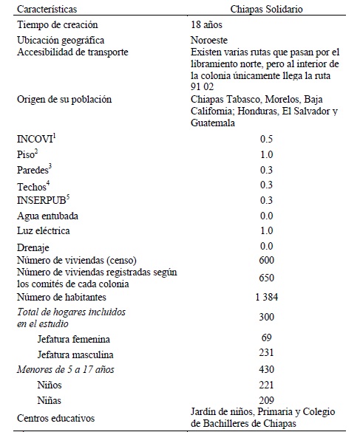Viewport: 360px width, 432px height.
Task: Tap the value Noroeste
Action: pyautogui.click(x=209, y=39)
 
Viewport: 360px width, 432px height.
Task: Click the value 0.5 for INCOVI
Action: pyautogui.click(x=266, y=139)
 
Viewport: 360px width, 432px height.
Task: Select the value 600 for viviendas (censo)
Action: pyautogui.click(x=266, y=260)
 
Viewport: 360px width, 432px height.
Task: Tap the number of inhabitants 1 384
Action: pyautogui.click(x=266, y=297)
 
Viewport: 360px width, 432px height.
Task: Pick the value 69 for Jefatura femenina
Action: pyautogui.click(x=266, y=338)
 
